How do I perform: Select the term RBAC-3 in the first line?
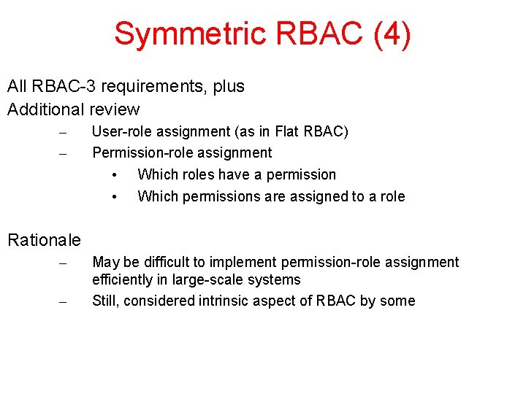[x=62, y=86]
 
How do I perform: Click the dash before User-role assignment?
[x=63, y=133]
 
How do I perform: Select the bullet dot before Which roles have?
[x=115, y=175]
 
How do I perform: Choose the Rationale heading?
[x=44, y=239]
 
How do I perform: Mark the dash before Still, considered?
[x=63, y=302]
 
